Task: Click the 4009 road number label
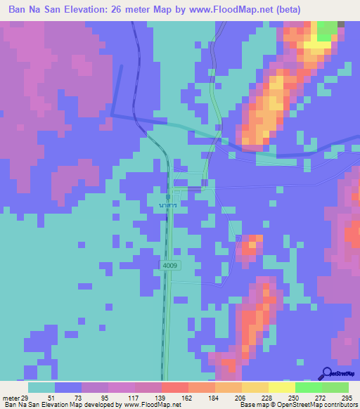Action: point(169,266)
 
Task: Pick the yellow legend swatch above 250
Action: point(281,387)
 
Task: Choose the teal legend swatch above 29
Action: point(41,387)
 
